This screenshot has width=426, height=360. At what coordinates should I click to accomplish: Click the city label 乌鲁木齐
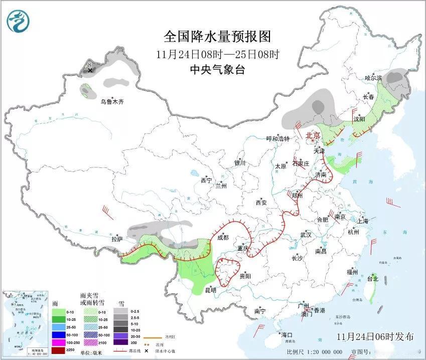pos(111,101)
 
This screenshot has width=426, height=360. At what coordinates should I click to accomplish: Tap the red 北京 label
pos(313,135)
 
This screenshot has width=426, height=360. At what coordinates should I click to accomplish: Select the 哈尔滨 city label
pos(373,78)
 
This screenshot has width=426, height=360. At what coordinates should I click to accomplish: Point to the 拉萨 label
pos(117,239)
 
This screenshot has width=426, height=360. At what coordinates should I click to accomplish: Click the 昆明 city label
pos(210,290)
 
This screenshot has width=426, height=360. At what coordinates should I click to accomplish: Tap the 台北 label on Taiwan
pos(373,278)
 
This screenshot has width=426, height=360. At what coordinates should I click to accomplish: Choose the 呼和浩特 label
pos(278,139)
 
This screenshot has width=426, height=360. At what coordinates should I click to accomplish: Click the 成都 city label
pos(222,237)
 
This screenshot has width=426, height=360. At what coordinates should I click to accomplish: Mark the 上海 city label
pos(363,221)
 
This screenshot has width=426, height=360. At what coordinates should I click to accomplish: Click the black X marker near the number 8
pos(90,71)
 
